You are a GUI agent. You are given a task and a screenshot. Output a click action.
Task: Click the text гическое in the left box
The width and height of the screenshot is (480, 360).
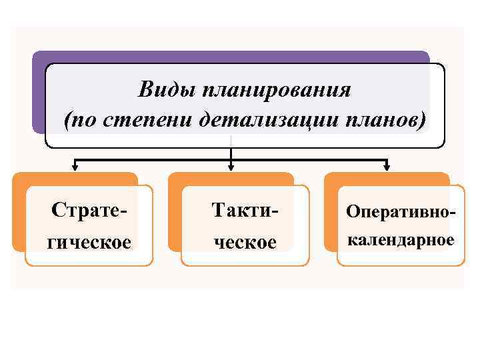(88, 241)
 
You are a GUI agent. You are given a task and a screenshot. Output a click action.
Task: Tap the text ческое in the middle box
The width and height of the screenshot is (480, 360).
(245, 241)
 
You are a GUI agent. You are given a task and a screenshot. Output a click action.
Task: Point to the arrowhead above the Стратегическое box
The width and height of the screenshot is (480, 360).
(75, 167)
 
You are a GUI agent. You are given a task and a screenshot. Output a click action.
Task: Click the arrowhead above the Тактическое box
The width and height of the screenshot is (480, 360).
(231, 167)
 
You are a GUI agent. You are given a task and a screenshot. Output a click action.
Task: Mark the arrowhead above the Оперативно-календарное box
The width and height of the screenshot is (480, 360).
(387, 167)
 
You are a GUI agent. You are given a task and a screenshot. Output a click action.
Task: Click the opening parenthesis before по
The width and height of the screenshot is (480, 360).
(67, 121)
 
